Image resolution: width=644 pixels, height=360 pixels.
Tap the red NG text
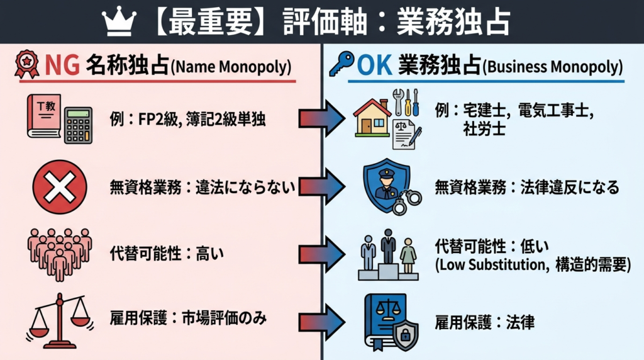[60, 65]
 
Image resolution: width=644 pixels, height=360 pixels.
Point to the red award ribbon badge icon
[26, 65]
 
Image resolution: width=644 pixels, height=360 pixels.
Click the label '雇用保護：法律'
[484, 323]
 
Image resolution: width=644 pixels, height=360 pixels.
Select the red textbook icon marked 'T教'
[44, 117]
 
